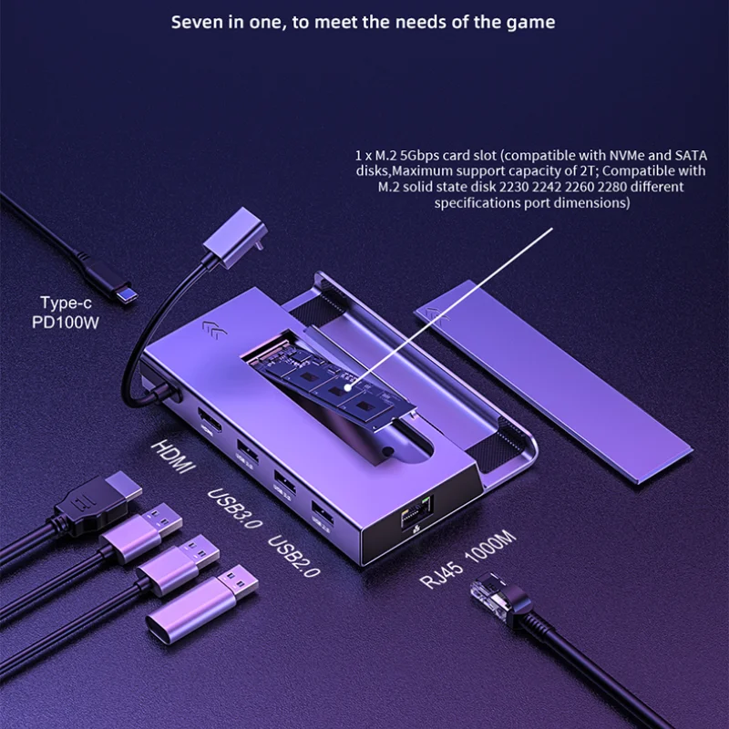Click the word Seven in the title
[198, 22]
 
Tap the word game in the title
[529, 22]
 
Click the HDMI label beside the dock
[173, 456]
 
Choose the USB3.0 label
[234, 510]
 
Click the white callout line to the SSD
[456, 301]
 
